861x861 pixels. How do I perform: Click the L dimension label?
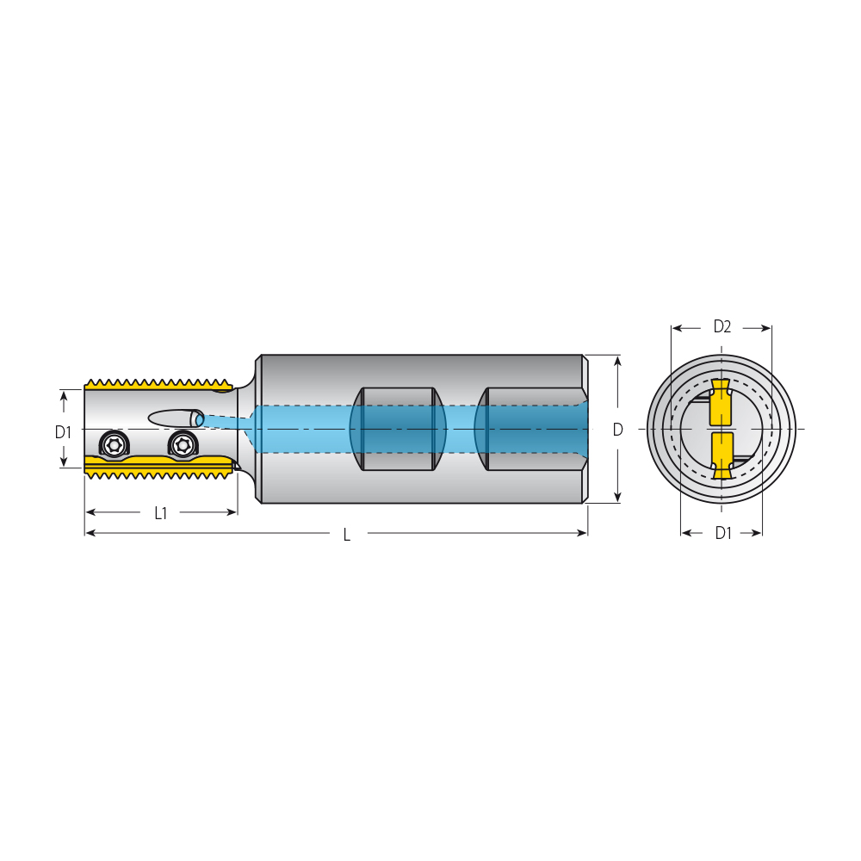coord(346,535)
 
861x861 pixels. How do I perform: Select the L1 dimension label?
coord(160,513)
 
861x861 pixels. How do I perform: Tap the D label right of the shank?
coord(617,430)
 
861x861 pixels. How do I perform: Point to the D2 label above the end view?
coord(722,326)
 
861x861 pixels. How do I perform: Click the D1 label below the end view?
coord(723,533)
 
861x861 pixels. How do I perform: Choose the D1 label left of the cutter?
coord(63,433)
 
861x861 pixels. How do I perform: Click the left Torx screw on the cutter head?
coord(114,443)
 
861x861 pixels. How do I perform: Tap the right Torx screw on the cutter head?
coord(183,443)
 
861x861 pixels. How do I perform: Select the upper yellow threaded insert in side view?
coord(159,384)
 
